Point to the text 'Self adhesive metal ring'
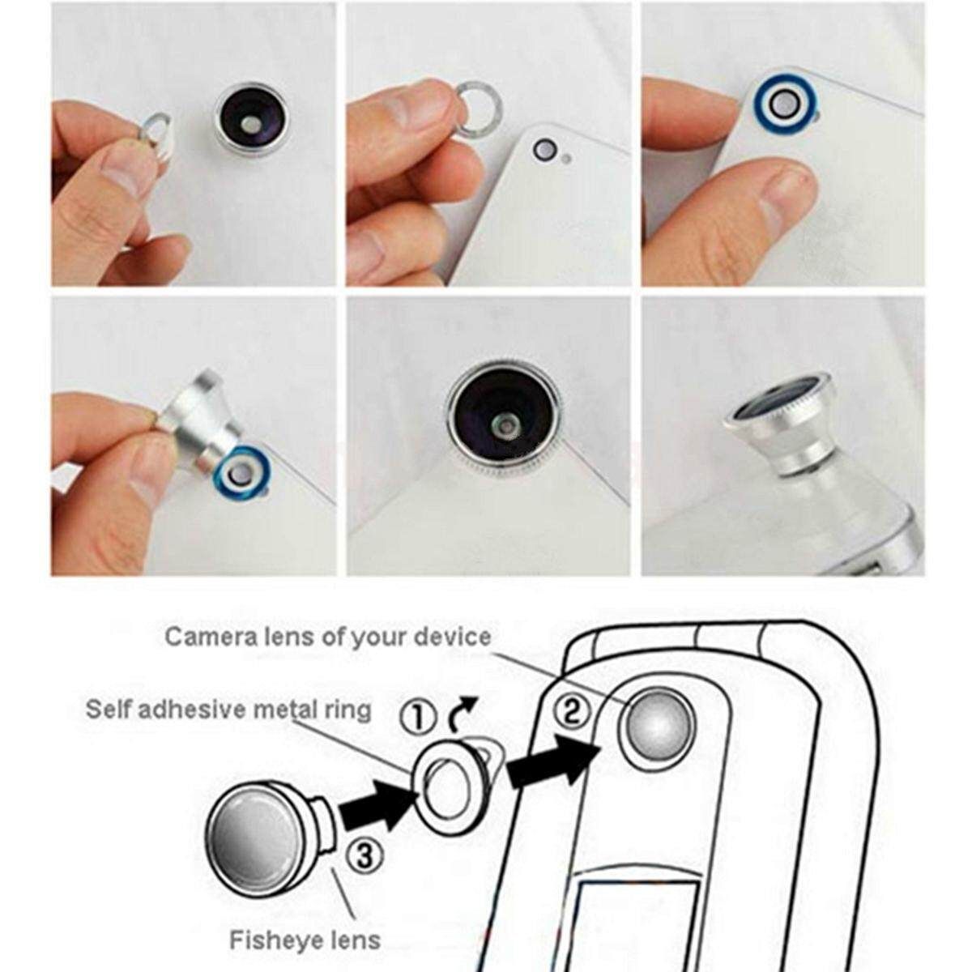tap(228, 710)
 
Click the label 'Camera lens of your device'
tap(328, 637)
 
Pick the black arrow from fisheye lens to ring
tap(379, 807)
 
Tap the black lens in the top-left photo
tap(251, 119)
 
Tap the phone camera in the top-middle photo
tap(546, 151)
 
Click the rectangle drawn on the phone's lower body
tap(637, 928)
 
